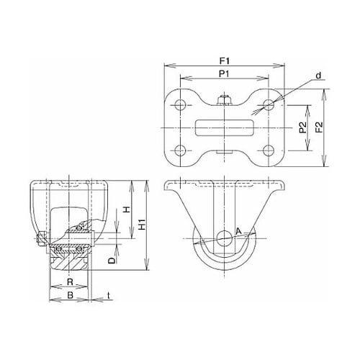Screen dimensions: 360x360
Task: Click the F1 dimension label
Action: (x=225, y=61)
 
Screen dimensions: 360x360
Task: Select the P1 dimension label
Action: (x=224, y=74)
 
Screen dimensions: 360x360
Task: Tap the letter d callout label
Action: (x=318, y=76)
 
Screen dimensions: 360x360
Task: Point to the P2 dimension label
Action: (x=303, y=127)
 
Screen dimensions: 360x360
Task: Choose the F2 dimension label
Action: (x=319, y=127)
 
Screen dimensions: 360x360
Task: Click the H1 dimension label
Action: (x=143, y=225)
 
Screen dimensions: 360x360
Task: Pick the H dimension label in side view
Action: (x=127, y=210)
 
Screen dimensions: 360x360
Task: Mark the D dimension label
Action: (x=112, y=261)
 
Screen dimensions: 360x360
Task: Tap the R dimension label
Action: (x=70, y=282)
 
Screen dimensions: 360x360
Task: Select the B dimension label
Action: (x=70, y=295)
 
